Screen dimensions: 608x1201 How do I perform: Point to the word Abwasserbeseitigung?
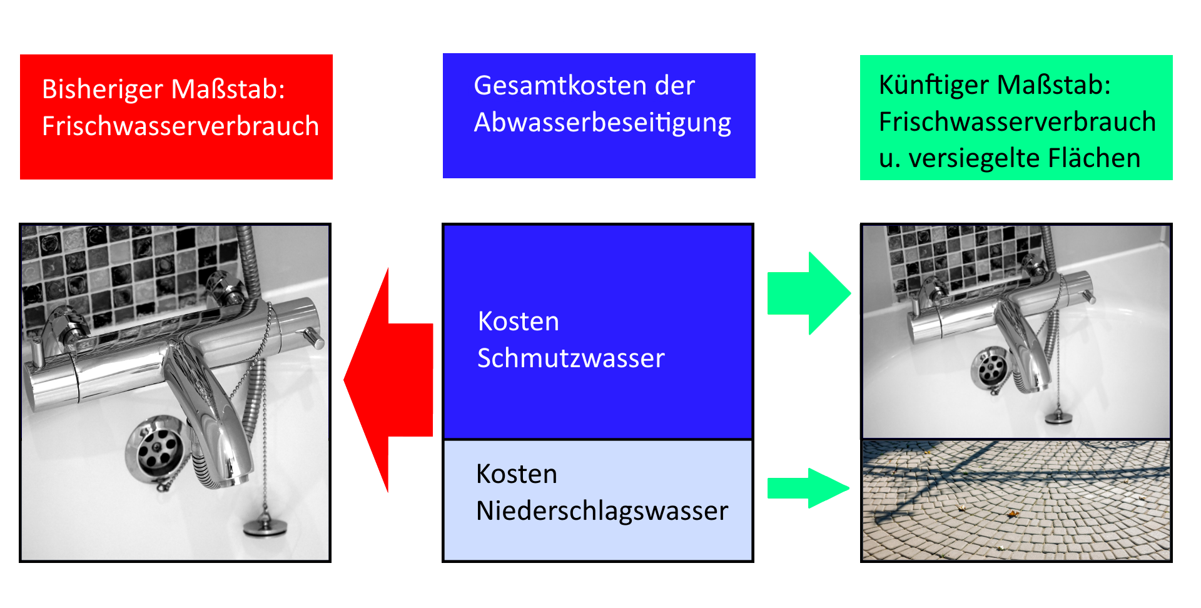[x=602, y=123]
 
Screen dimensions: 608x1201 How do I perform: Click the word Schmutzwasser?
[x=570, y=358]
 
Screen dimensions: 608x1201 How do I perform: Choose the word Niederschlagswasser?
[x=602, y=511]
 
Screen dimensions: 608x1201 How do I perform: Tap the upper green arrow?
[x=808, y=293]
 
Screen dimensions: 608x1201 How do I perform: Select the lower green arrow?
[x=808, y=488]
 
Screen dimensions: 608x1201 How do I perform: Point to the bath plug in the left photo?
[x=265, y=527]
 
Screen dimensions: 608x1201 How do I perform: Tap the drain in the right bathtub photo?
[x=990, y=369]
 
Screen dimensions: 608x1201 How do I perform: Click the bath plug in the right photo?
[x=1057, y=417]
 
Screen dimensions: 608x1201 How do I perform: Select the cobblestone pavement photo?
[x=1016, y=500]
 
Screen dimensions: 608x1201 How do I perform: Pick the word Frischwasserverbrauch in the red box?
[x=180, y=126]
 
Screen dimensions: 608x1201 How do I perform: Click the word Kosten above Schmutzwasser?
[x=518, y=322]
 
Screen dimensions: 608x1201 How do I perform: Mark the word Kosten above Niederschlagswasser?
[x=516, y=474]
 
